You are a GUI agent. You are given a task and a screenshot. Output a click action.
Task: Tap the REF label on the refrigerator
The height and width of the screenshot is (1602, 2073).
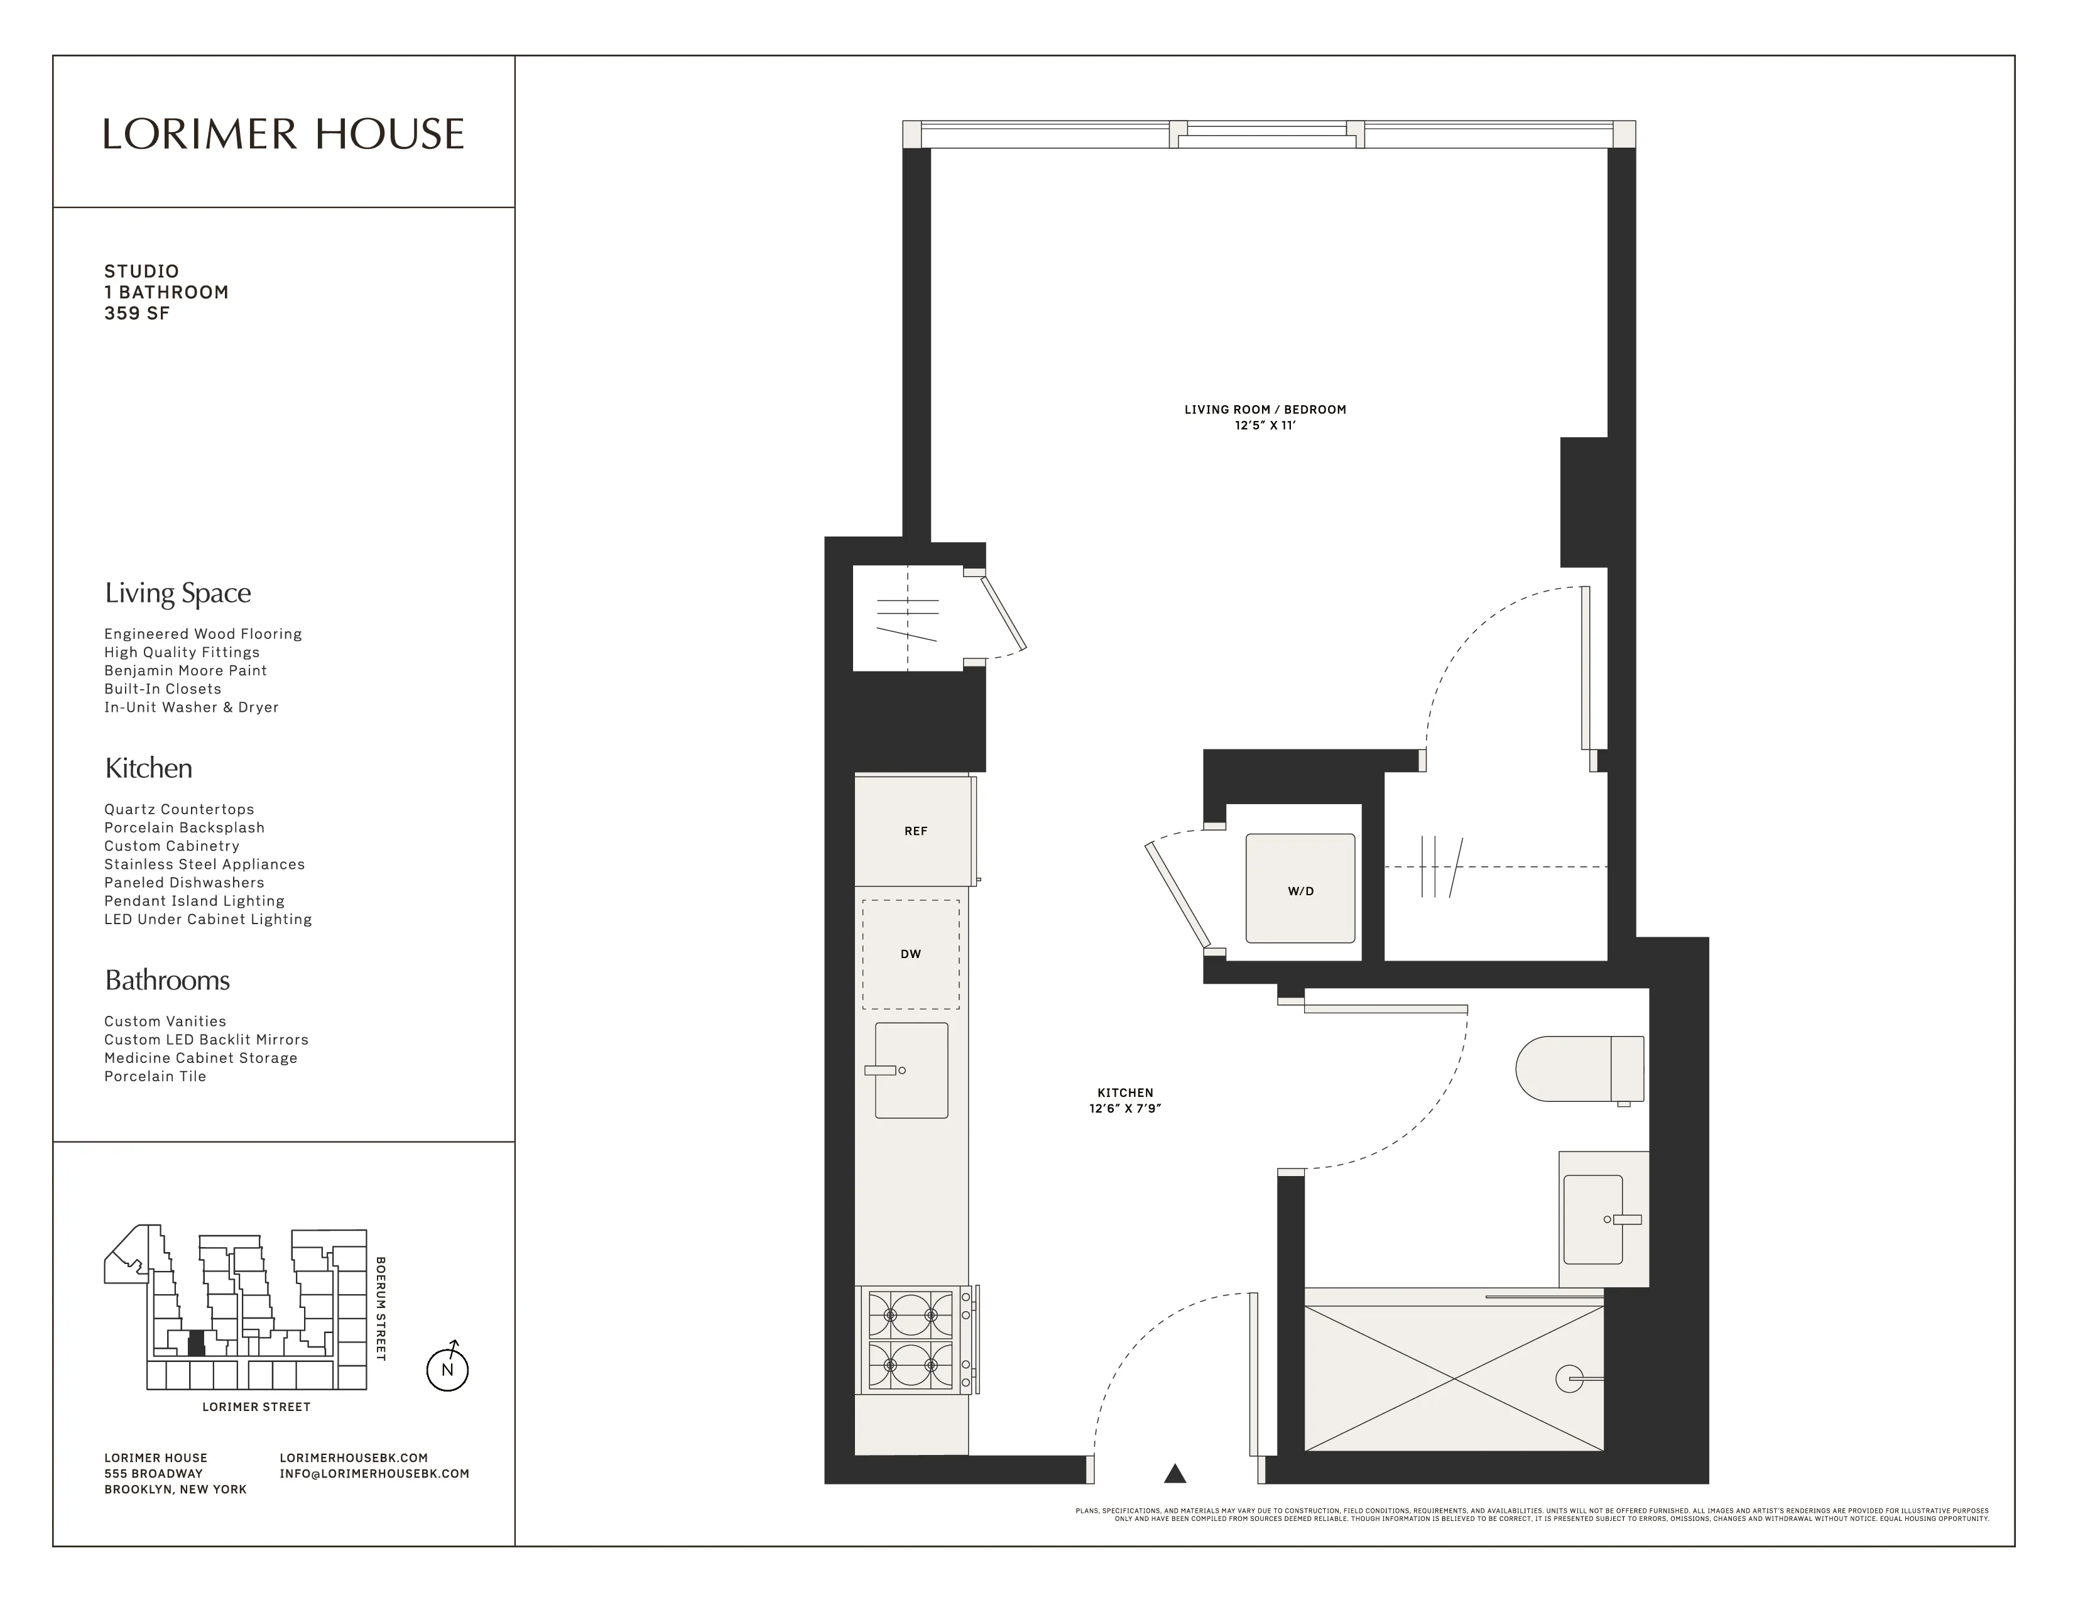click(915, 831)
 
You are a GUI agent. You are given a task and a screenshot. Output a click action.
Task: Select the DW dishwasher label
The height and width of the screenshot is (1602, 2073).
click(910, 954)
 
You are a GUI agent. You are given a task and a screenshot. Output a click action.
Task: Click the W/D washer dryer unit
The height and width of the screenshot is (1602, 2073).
click(1300, 889)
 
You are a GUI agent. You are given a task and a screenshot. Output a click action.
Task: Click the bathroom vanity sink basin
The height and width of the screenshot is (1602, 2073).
click(1594, 1219)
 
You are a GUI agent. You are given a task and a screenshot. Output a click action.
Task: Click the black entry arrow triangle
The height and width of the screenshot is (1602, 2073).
click(1175, 1473)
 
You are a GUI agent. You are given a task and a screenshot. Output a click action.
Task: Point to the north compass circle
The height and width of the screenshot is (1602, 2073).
click(447, 1370)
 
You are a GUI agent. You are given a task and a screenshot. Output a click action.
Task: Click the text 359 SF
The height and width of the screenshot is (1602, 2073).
click(137, 313)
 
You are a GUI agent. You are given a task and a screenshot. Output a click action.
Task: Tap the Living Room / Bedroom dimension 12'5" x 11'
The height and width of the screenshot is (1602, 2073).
click(1265, 425)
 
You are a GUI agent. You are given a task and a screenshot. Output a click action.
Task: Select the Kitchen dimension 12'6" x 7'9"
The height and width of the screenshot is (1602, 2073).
click(1125, 1108)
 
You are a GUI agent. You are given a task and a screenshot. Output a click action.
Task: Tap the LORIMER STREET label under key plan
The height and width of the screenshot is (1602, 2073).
click(256, 1407)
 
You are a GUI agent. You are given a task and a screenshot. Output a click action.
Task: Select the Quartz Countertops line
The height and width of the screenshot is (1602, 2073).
click(180, 810)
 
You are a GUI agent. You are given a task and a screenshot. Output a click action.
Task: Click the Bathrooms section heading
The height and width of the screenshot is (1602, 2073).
click(167, 981)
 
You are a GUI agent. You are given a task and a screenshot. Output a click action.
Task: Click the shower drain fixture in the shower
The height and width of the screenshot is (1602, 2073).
click(1570, 1378)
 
